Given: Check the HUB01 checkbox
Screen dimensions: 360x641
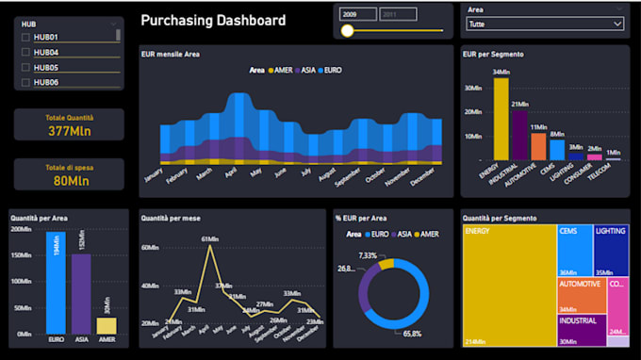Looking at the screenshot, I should click(x=25, y=37).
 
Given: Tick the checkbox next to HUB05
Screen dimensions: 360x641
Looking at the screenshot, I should click(x=25, y=68).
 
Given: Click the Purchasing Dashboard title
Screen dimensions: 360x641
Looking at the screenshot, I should click(x=213, y=20).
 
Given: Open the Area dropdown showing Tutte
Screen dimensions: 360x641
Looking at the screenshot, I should click(x=545, y=24).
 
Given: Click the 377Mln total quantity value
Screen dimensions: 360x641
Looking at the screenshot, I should click(x=69, y=131).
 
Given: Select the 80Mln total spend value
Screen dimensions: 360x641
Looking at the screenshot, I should click(x=69, y=181).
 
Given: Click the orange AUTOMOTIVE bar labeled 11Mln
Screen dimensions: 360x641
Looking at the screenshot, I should click(x=538, y=146).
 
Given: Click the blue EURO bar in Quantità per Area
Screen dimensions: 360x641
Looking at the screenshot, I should click(x=56, y=283).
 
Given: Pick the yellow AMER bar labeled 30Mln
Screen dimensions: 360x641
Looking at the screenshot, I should click(x=107, y=325).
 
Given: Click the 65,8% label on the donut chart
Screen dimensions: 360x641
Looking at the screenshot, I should click(x=411, y=334).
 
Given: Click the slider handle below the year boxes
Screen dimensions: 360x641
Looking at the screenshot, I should click(x=347, y=31).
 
